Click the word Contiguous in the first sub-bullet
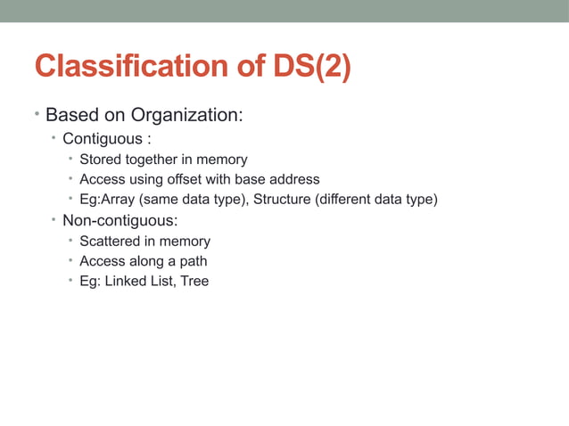[102, 139]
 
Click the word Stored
[100, 160]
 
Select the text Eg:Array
[107, 199]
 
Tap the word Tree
[193, 282]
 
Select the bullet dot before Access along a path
[70, 260]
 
